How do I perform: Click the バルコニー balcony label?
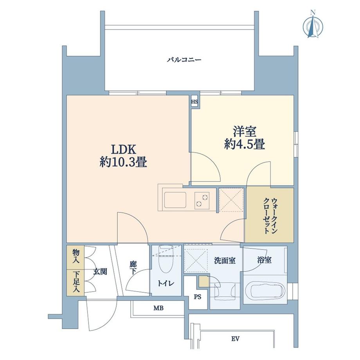[x=184, y=60]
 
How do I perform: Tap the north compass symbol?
[x=313, y=26]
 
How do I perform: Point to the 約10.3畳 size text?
[x=123, y=162]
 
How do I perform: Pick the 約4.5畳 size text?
[x=245, y=145]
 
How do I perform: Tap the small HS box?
[x=194, y=102]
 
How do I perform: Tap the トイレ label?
[x=166, y=283]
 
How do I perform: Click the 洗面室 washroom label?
[x=225, y=260]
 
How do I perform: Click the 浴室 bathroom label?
[x=265, y=259]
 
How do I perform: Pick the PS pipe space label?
[x=198, y=297]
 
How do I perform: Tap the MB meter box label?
[x=158, y=308]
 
